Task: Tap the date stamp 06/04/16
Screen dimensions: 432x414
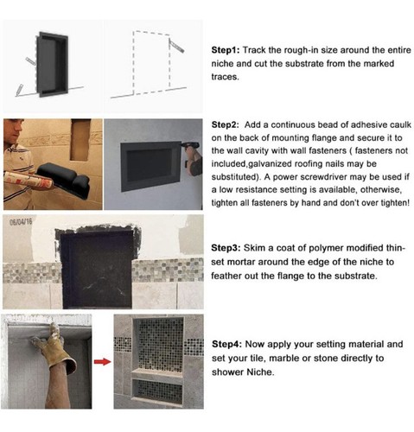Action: [20, 220]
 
